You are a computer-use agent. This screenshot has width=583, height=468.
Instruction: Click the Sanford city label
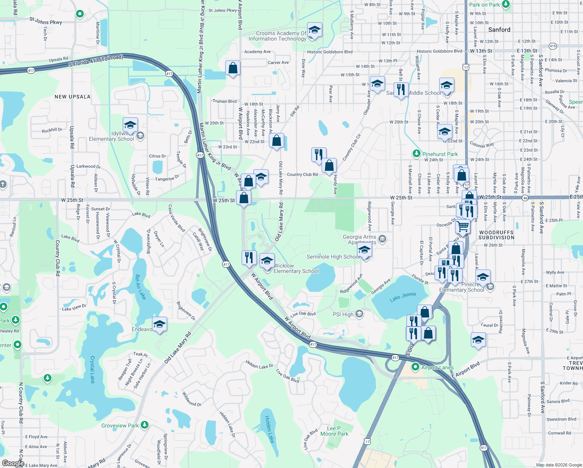click(x=499, y=30)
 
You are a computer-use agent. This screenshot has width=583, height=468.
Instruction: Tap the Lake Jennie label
click(x=403, y=297)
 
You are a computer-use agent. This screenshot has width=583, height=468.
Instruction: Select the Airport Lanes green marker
click(x=415, y=367)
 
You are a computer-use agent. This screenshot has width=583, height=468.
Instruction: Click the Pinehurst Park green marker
click(x=417, y=154)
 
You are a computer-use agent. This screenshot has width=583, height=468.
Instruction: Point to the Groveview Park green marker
click(x=145, y=425)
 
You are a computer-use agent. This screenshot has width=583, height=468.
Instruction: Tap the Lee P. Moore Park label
click(x=334, y=431)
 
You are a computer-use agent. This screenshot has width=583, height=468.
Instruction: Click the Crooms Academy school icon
click(x=314, y=30)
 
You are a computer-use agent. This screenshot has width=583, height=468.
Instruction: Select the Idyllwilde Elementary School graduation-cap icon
click(x=130, y=125)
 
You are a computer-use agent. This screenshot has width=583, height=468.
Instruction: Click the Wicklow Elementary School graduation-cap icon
click(x=267, y=261)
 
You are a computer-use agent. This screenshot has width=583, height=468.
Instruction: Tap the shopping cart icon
click(x=463, y=225)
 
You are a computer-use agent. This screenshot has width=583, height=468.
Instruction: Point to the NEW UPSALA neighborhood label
click(x=72, y=97)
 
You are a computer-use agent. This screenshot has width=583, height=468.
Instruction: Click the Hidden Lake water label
click(x=269, y=429)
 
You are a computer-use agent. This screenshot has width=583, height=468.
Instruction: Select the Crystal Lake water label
click(x=92, y=369)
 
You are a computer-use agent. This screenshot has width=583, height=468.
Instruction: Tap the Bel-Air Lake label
click(x=140, y=287)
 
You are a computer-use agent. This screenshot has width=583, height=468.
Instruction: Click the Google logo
click(x=13, y=463)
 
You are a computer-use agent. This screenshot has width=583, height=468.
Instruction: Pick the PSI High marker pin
click(x=359, y=314)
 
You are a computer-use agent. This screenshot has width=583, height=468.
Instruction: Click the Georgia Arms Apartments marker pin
click(x=382, y=239)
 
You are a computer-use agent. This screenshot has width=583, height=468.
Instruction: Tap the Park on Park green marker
click(x=505, y=5)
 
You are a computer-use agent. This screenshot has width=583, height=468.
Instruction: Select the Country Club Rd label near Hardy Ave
click(x=302, y=174)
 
